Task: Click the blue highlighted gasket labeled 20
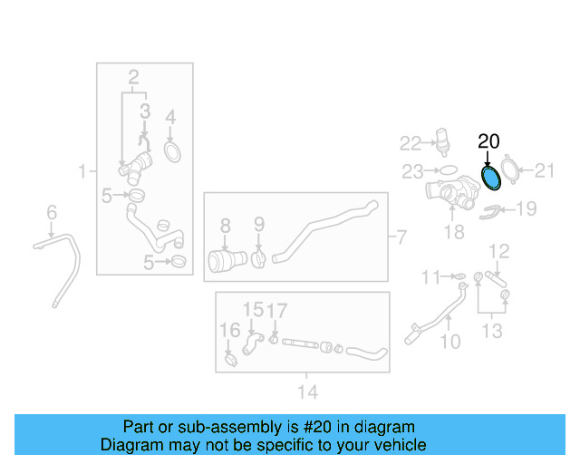[x=491, y=179]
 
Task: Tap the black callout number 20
[x=488, y=141]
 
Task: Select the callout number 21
[x=545, y=170]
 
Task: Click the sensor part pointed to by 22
[x=442, y=140]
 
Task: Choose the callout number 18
[x=454, y=232]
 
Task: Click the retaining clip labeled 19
[x=489, y=212]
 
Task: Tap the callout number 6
[x=52, y=212]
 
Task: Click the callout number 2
[x=133, y=77]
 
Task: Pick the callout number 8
[x=226, y=226]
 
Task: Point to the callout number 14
[x=308, y=391]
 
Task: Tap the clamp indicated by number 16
[x=231, y=359]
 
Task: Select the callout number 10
[x=450, y=342]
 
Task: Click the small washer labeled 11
[x=459, y=276]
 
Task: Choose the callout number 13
[x=492, y=331]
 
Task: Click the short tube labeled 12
[x=496, y=278]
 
